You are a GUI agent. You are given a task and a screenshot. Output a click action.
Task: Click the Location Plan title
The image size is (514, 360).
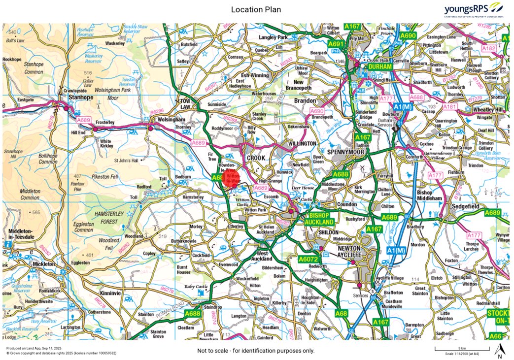tap(256, 9)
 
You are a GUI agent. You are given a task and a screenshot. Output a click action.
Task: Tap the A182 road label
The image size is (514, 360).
tap(489, 49)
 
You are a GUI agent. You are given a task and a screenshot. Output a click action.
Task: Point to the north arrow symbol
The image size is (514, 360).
tap(499, 351)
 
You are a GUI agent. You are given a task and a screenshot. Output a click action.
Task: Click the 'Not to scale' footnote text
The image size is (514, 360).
tap(256, 351)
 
